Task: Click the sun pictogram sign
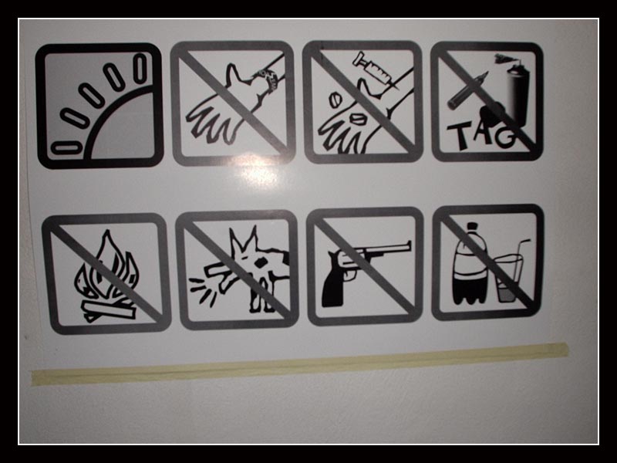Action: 99,106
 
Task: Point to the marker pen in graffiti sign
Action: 467,90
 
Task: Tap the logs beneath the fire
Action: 109,310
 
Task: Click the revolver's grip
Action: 334,283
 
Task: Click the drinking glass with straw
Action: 509,275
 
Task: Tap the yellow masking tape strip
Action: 300,363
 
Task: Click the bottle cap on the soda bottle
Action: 472,227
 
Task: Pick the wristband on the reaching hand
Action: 268,79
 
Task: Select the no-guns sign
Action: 365,266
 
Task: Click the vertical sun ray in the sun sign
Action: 140,68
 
